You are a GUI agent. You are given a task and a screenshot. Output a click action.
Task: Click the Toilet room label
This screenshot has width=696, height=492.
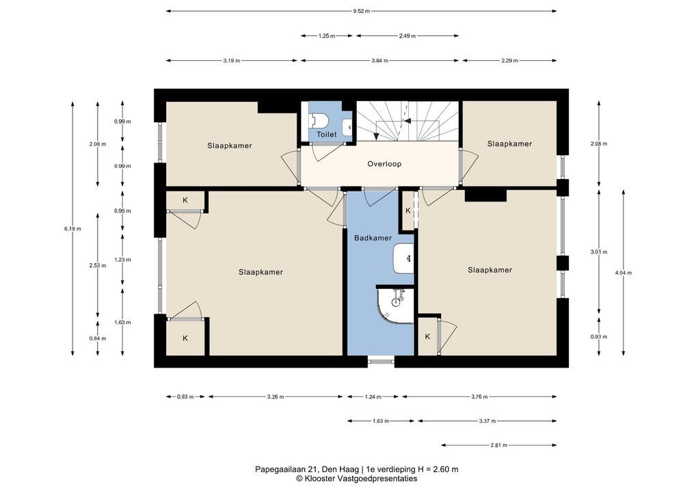click(x=326, y=134)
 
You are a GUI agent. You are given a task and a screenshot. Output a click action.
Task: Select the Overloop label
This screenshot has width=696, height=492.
click(x=384, y=164)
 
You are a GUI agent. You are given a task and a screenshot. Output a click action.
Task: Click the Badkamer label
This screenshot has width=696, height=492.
click(x=373, y=238)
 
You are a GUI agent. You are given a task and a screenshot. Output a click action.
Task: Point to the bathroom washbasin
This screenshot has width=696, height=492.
click(x=403, y=258)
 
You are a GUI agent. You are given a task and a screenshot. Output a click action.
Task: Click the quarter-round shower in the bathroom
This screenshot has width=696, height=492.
click(x=395, y=305)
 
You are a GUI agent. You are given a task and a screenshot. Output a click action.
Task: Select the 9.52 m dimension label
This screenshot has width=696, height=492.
click(x=361, y=11)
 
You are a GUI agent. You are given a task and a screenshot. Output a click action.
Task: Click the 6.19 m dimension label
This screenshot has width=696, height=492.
click(x=72, y=229)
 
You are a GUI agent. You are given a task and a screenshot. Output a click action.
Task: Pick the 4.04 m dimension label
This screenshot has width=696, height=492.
click(x=624, y=273)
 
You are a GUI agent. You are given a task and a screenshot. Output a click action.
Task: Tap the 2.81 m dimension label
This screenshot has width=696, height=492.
click(x=498, y=445)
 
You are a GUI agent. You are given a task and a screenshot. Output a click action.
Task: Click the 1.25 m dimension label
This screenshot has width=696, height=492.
click(x=327, y=36)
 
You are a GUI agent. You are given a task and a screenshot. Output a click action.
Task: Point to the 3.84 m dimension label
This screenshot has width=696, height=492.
click(x=379, y=61)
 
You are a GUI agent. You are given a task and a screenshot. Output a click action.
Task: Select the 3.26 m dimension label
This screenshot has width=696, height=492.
click(x=276, y=397)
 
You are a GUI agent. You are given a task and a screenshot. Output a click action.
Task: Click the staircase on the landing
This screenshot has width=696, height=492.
click(x=408, y=121)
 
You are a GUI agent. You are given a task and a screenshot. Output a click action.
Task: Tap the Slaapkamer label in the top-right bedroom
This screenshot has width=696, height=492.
click(x=509, y=143)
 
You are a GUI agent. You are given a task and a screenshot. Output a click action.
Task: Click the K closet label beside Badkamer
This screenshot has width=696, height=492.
click(x=408, y=210)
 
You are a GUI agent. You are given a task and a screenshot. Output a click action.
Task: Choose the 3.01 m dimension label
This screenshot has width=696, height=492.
click(x=599, y=252)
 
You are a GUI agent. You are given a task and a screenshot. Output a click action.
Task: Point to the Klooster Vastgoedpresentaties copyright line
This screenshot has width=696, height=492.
click(x=357, y=479)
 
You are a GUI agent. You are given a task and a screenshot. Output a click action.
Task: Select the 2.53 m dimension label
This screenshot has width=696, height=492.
click(x=98, y=266)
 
